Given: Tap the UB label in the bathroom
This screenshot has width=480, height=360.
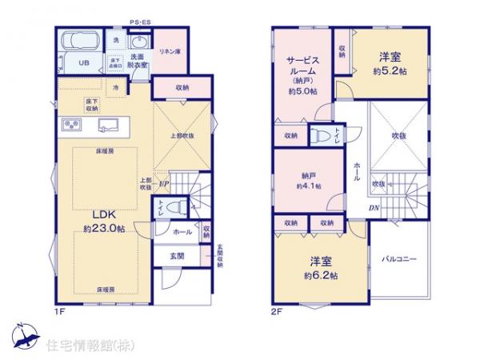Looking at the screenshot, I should [83, 62].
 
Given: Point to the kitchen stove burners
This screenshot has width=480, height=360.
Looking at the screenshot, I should [70, 125].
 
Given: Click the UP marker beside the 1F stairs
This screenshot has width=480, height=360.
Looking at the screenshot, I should [164, 183].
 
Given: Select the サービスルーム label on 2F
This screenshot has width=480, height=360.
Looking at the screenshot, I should [302, 65].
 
